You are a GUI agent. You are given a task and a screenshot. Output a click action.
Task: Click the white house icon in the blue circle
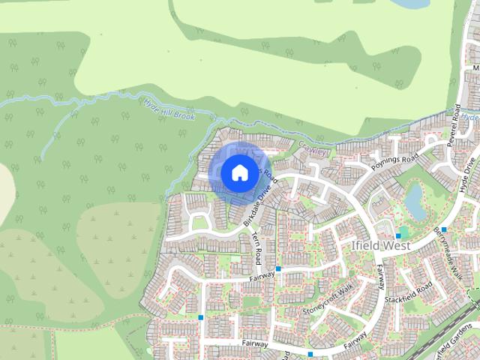tap(238, 172)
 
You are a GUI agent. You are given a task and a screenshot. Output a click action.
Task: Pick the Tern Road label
tap(256, 247)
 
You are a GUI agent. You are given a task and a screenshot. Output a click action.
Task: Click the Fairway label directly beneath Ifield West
tap(382, 278)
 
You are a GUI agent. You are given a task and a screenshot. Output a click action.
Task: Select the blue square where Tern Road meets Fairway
tap(278, 268)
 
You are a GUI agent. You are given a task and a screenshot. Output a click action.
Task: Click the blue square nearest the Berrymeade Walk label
tap(444, 229)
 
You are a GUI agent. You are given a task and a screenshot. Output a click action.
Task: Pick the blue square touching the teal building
tap(397, 236)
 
